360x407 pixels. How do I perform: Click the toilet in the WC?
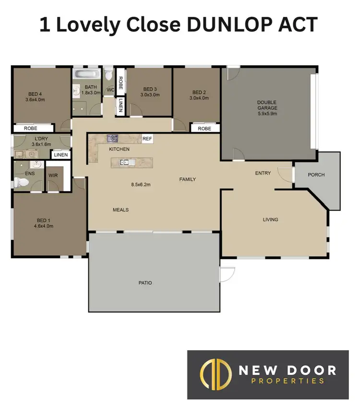click(x=108, y=74)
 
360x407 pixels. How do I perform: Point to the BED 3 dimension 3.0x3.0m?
click(x=150, y=95)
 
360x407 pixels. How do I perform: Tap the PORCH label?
click(x=316, y=175)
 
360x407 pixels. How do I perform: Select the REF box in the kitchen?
click(x=147, y=139)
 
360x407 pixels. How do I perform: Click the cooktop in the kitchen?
click(x=113, y=138)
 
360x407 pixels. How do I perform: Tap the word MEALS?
click(x=120, y=210)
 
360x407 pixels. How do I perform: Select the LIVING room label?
click(x=270, y=220)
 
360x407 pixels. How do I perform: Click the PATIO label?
click(x=145, y=283)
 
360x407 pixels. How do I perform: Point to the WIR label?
click(x=53, y=176)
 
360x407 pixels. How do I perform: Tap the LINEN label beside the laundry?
click(x=61, y=155)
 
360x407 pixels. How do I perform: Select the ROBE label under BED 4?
click(x=32, y=128)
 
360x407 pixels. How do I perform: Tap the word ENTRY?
click(x=263, y=173)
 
